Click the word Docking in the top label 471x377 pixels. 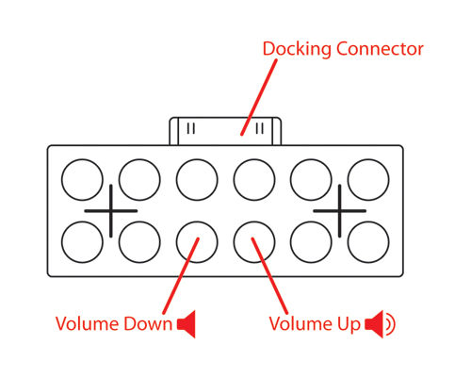[297, 49]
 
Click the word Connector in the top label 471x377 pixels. [380, 49]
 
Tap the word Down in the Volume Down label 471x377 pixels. [148, 323]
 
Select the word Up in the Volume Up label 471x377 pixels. [349, 325]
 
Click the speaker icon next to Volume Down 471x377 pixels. [187, 324]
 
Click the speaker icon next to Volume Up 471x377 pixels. [380, 324]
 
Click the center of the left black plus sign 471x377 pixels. [111, 211]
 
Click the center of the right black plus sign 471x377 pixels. [339, 211]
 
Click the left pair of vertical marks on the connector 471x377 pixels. [191, 128]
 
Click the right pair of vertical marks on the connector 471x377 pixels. [260, 128]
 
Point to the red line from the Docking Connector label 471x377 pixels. [259, 97]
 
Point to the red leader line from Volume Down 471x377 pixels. [181, 275]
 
